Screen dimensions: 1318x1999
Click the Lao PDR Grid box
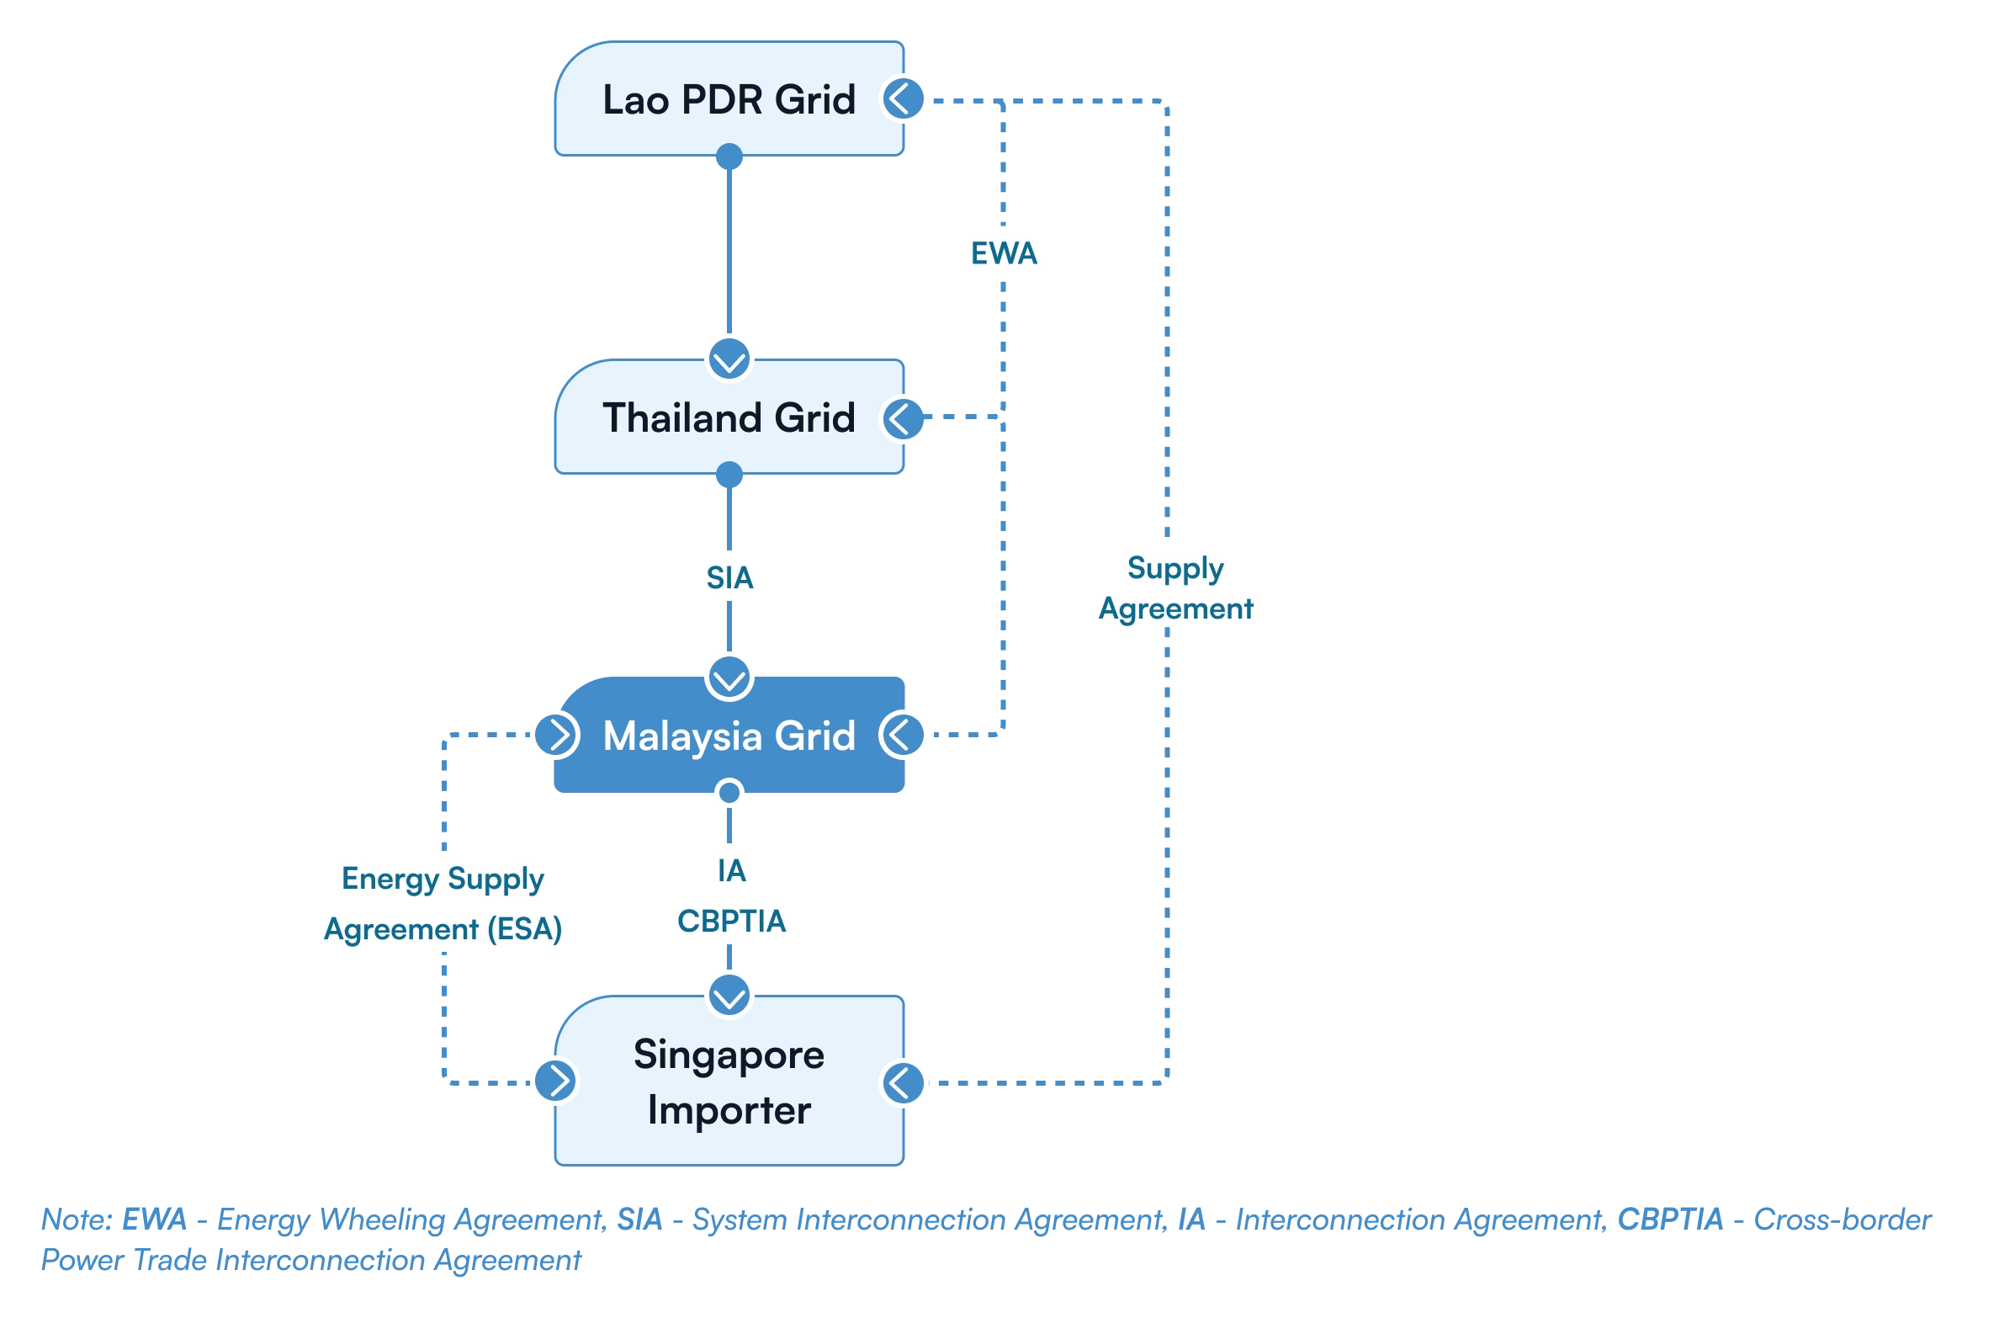pyautogui.click(x=729, y=99)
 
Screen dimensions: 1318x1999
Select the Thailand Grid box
pyautogui.click(x=729, y=417)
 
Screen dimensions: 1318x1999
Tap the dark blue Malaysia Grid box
pyautogui.click(x=729, y=736)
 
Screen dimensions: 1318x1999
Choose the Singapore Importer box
pyautogui.click(x=729, y=1082)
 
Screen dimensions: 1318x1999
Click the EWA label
pyautogui.click(x=1004, y=253)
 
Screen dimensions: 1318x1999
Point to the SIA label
pyautogui.click(x=729, y=577)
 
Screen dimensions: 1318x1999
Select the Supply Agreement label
pyautogui.click(x=1176, y=587)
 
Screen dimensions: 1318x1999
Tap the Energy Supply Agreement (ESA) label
pyautogui.click(x=443, y=904)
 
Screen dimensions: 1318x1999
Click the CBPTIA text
pyautogui.click(x=731, y=922)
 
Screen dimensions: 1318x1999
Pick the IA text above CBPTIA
pyautogui.click(x=731, y=871)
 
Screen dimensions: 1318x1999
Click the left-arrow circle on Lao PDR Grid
pyautogui.click(x=904, y=99)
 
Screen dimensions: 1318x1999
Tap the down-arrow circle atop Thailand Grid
pyautogui.click(x=729, y=359)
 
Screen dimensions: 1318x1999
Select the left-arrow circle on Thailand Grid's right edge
pyautogui.click(x=904, y=417)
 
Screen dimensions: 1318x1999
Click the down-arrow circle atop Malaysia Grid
pyautogui.click(x=729, y=678)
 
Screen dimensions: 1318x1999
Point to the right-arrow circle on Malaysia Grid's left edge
pyautogui.click(x=556, y=736)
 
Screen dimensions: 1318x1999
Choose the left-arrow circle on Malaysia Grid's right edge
pyautogui.click(x=902, y=735)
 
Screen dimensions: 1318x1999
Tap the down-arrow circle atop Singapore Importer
pyautogui.click(x=729, y=996)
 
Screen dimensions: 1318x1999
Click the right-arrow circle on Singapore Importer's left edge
pyautogui.click(x=556, y=1081)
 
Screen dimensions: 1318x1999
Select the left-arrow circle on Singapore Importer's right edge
pyautogui.click(x=904, y=1082)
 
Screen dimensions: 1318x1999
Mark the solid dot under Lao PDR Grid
pyautogui.click(x=729, y=157)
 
